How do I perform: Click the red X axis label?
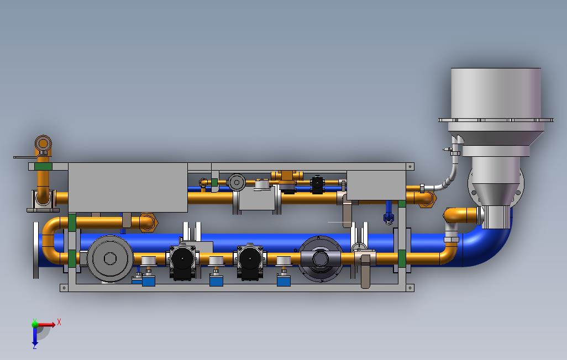click(x=59, y=322)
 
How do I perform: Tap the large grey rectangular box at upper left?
click(x=128, y=187)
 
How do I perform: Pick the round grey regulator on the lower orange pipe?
click(x=110, y=258)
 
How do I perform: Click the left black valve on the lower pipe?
click(x=182, y=262)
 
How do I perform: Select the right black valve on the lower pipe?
click(x=250, y=262)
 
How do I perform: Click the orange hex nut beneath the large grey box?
click(x=148, y=223)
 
